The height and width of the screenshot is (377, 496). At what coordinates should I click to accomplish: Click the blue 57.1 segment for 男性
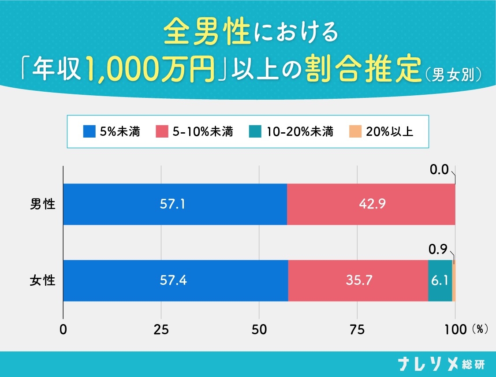tap(175, 204)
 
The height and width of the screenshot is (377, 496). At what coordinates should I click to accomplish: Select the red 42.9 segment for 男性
tap(371, 204)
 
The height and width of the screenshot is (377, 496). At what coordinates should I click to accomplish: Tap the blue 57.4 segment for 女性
tap(175, 280)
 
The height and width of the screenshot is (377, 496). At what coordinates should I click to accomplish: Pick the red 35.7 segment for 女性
tap(358, 280)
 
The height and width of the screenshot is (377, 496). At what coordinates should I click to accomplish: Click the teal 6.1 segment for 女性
tap(440, 280)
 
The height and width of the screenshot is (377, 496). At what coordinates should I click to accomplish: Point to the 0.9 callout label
tap(438, 250)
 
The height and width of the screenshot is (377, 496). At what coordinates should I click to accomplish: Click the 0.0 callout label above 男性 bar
tap(439, 170)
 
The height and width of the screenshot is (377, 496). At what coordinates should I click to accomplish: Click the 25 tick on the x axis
tap(161, 329)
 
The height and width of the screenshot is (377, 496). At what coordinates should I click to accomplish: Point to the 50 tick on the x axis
tap(259, 329)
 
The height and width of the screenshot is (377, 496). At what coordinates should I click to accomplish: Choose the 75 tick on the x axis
tap(357, 329)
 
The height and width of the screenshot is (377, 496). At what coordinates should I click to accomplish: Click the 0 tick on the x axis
tap(64, 329)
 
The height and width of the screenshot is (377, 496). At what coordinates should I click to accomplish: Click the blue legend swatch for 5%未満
tap(89, 131)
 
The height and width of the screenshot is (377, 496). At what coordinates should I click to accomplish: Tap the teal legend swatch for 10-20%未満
tap(255, 131)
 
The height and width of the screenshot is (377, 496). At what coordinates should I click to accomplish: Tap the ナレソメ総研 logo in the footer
tap(440, 364)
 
